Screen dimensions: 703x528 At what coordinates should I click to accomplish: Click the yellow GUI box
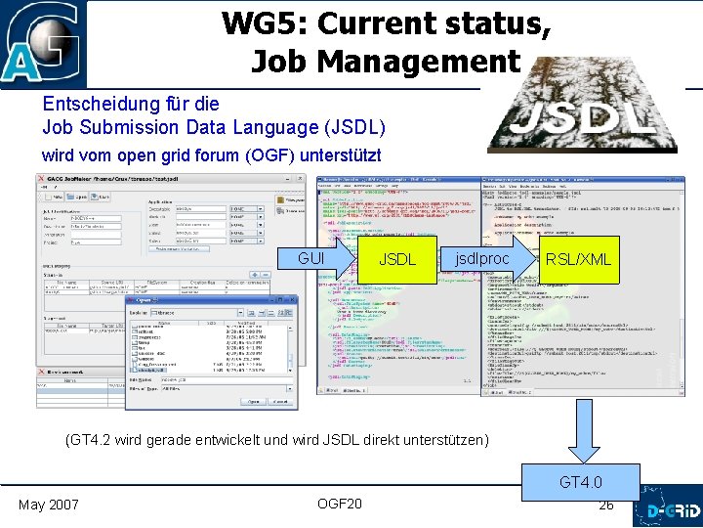coord(310,259)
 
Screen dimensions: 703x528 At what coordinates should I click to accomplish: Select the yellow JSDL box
coord(397,259)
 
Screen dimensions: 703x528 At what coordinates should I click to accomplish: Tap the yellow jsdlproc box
coord(481,259)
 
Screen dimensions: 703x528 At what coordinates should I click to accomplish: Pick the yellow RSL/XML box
coord(578,259)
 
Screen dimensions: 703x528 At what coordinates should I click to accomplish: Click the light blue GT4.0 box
coord(581,482)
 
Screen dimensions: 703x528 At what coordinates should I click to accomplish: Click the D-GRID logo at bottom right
coord(667,511)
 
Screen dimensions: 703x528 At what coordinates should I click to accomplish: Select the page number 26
coord(606,506)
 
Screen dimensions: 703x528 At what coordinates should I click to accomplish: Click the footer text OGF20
coord(340,504)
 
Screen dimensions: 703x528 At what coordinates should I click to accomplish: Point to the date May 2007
coord(49,505)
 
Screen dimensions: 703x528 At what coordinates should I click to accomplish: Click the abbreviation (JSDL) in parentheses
coord(352,127)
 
